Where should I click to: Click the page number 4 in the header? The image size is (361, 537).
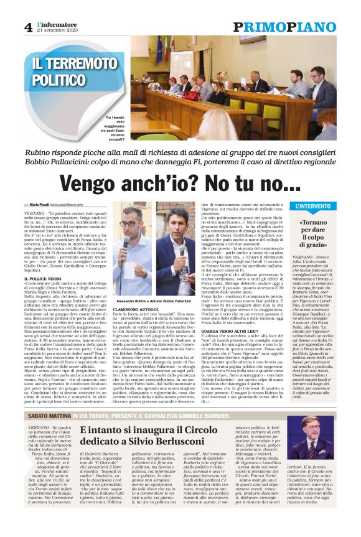29,27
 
